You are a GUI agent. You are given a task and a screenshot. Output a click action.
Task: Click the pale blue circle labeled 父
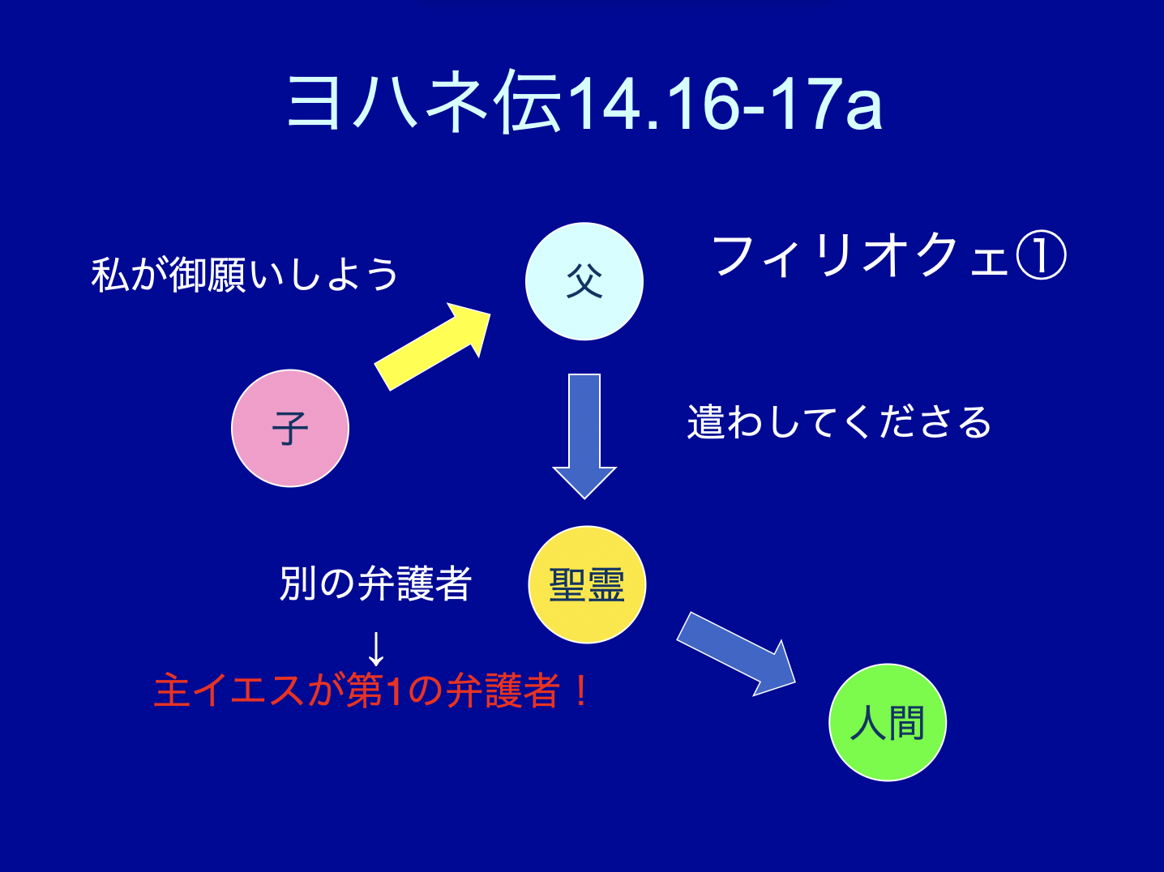point(584,281)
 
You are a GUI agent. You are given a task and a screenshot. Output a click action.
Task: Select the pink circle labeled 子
point(290,429)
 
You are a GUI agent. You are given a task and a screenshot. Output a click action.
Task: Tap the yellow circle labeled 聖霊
point(587,584)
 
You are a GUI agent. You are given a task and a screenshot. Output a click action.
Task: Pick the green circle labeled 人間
point(888,723)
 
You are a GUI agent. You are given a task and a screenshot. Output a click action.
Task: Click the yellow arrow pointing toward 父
point(432,347)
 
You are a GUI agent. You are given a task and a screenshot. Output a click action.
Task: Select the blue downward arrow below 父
point(584,436)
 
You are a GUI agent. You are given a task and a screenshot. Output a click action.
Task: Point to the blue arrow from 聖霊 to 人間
point(736,654)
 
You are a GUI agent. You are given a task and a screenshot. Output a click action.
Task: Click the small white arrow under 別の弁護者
point(376,649)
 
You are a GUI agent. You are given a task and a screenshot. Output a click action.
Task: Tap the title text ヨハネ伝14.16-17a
point(584,102)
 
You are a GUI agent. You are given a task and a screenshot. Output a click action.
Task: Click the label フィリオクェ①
point(889,257)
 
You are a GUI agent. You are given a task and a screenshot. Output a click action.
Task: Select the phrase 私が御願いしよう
point(245,274)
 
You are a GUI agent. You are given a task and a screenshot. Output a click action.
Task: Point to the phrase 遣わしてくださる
point(839,422)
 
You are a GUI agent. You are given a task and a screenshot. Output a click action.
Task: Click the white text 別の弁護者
point(375,583)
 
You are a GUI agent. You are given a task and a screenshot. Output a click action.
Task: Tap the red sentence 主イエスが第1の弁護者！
point(370,690)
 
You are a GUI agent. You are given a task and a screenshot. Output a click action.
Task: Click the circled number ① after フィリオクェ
point(1041,257)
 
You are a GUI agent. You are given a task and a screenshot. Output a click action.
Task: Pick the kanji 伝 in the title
point(527,102)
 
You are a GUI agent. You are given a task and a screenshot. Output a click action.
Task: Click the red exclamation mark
point(581,690)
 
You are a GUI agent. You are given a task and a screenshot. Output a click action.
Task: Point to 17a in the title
point(828,104)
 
